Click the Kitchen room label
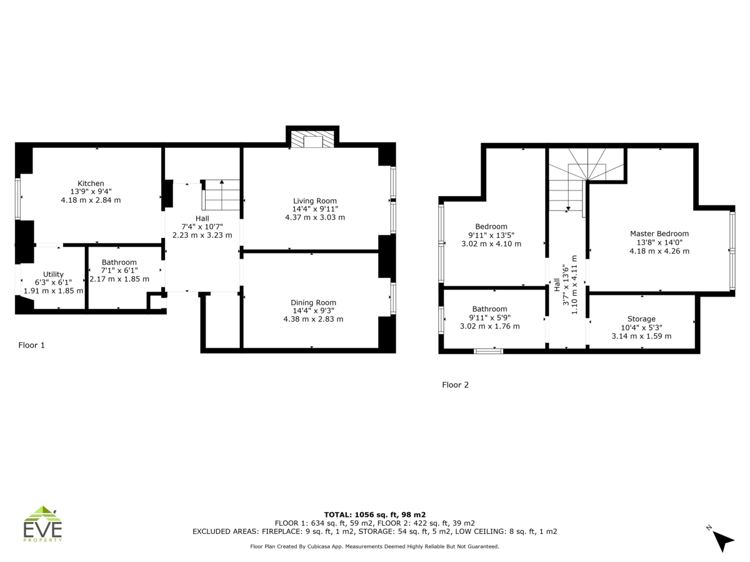(x=91, y=184)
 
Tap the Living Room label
(x=315, y=201)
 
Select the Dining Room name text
(x=313, y=303)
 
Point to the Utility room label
(x=53, y=274)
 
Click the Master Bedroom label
(x=659, y=234)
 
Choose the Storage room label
(x=641, y=319)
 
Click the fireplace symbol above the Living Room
(x=312, y=139)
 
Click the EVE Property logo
(x=42, y=524)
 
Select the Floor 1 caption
(x=31, y=345)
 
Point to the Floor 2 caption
(x=455, y=385)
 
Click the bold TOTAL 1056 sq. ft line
(x=375, y=515)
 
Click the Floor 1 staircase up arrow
(x=222, y=194)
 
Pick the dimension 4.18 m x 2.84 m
(x=91, y=200)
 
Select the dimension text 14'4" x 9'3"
(x=313, y=311)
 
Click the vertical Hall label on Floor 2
(x=557, y=285)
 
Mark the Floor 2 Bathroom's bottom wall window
(x=488, y=351)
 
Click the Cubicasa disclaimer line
(x=374, y=546)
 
